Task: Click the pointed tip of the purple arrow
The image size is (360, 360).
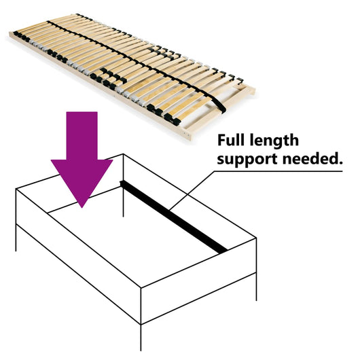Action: coord(82,205)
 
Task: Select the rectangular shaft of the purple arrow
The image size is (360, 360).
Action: coord(82,136)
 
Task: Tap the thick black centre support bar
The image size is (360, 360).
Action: coord(173,216)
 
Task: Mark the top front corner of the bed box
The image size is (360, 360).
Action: coord(141,288)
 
